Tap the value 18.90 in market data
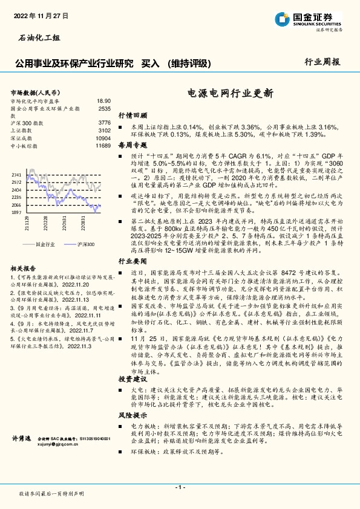click(x=103, y=101)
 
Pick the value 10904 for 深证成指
click(x=103, y=138)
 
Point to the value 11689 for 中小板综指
click(x=103, y=146)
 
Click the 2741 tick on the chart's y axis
click(x=16, y=174)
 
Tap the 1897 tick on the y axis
click(x=16, y=213)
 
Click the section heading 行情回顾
click(x=133, y=114)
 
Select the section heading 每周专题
click(x=133, y=146)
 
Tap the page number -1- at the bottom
click(x=180, y=487)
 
